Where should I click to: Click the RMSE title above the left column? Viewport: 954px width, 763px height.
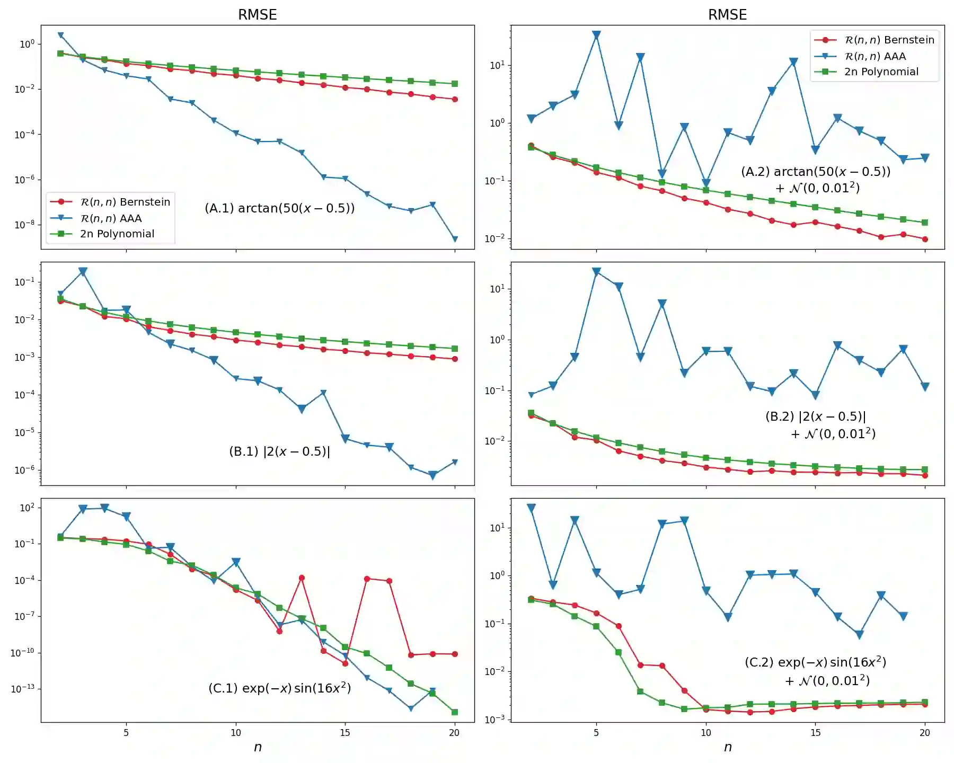257,14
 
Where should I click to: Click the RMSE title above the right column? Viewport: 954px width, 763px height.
727,14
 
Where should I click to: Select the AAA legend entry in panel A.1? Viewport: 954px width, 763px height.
111,218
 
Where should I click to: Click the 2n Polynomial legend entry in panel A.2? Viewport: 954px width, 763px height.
881,72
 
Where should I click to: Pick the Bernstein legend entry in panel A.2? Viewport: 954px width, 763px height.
889,40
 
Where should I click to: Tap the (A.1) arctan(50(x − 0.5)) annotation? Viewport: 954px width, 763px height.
280,208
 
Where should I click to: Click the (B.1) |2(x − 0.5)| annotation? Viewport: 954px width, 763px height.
279,451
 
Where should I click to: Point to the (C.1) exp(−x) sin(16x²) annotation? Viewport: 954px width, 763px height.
279,688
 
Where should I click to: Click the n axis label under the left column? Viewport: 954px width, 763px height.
258,747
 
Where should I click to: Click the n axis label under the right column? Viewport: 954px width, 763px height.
728,747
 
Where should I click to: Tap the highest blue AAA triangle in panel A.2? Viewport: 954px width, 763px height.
596,35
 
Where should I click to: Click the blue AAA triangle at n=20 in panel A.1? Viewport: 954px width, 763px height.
455,239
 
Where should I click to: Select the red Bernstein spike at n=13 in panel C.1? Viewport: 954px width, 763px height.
302,578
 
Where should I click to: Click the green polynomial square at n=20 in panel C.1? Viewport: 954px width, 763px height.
455,712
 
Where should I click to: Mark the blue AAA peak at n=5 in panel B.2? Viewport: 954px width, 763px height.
596,272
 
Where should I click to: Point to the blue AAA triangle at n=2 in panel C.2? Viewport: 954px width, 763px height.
531,508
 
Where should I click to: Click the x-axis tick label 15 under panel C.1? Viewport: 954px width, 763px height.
345,733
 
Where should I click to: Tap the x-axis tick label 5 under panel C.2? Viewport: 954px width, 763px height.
596,733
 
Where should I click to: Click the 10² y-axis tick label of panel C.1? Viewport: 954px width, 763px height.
27,508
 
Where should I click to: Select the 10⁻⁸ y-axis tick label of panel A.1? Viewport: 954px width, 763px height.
24,225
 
